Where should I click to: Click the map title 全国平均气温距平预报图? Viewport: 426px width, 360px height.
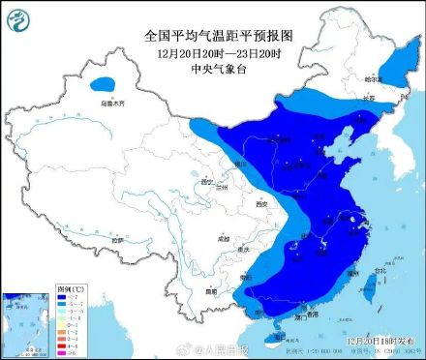[x=218, y=35]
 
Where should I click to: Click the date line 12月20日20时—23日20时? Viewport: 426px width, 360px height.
[x=218, y=50]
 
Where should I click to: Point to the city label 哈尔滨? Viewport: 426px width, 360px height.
[x=374, y=78]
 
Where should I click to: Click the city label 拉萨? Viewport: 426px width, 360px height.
[x=116, y=239]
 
